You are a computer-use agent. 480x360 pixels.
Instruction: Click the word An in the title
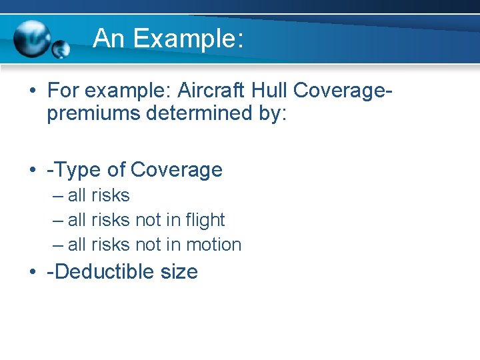point(109,39)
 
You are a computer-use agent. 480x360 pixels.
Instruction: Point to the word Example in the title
point(187,39)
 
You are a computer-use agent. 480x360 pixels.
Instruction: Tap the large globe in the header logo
point(31,37)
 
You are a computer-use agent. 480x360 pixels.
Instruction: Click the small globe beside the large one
point(61,49)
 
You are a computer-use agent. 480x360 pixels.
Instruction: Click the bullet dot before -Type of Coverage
point(33,171)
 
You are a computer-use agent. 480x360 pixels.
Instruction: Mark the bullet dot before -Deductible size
point(33,272)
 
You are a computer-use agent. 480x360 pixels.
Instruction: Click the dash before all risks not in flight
point(58,220)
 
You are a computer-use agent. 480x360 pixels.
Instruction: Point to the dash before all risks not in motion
point(58,245)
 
